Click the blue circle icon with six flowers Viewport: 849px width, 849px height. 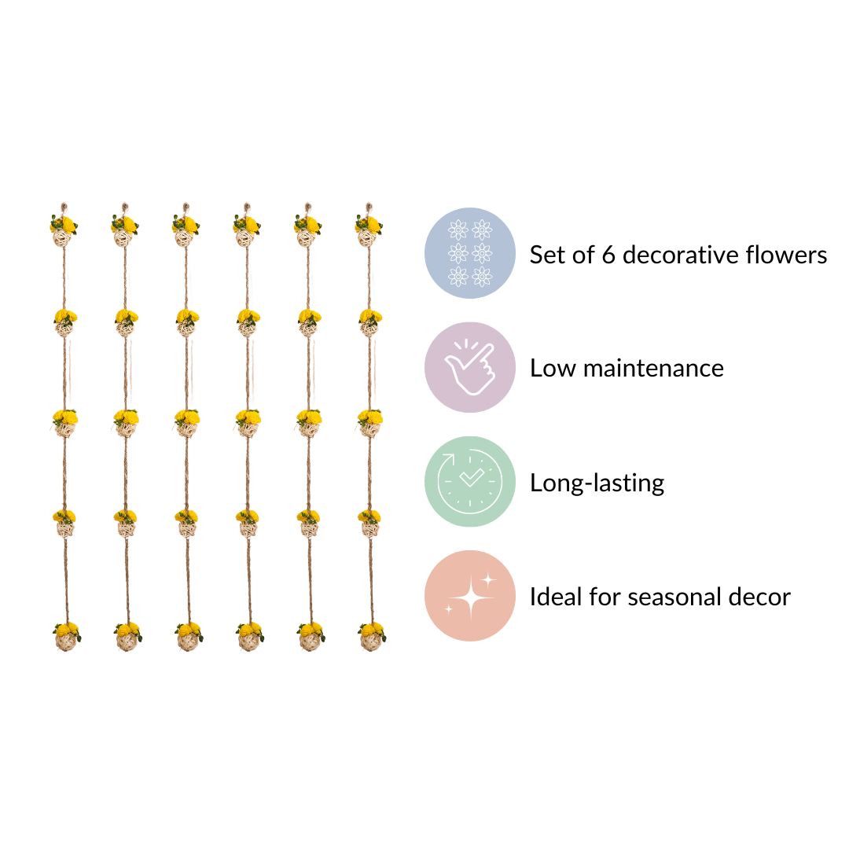(x=470, y=253)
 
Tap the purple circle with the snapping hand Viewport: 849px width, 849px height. (x=470, y=367)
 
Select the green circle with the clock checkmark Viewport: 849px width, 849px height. (x=470, y=481)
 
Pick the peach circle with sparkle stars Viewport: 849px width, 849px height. (x=470, y=595)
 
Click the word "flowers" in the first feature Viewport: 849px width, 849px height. (x=791, y=255)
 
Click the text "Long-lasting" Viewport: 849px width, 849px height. (x=597, y=483)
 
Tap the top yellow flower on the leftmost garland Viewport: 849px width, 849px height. (x=66, y=225)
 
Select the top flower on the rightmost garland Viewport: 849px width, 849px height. (x=370, y=225)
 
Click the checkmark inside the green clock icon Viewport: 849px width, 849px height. (x=470, y=478)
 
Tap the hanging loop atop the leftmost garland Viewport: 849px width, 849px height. (x=63, y=208)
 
